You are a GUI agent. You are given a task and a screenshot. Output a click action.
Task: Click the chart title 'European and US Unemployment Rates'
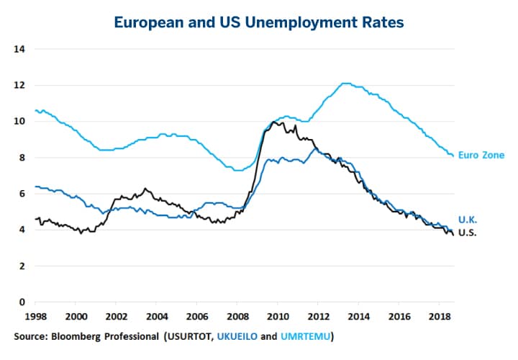[259, 22]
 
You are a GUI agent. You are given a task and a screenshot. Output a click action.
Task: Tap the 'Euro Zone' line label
[482, 155]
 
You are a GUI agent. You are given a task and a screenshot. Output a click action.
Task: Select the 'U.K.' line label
[468, 219]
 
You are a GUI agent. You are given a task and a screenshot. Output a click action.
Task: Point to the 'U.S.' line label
[468, 233]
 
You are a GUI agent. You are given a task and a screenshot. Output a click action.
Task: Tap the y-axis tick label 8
[22, 158]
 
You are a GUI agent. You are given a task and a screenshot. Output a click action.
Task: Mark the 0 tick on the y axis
[22, 302]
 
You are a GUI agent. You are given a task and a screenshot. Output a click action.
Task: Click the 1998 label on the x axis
[36, 316]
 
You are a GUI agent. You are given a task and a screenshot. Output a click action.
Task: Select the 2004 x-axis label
[158, 316]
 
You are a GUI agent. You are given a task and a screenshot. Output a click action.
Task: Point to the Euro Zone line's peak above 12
[345, 84]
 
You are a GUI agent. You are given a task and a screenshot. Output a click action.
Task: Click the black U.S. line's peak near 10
[274, 122]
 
